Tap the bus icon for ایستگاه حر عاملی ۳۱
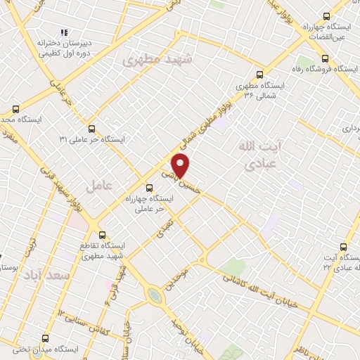tap(92, 129)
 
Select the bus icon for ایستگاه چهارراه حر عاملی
tap(148, 188)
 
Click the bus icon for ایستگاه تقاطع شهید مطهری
tap(102, 235)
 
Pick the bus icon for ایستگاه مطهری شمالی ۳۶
tap(260, 74)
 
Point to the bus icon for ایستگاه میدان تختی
tap(46, 337)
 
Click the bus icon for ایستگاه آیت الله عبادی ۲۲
tap(344, 247)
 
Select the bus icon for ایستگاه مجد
tap(15, 109)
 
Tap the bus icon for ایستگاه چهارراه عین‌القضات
tap(326, 15)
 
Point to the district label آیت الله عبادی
tap(255, 155)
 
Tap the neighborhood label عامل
tap(99, 187)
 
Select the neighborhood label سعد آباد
tap(46, 274)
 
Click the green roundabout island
tap(153, 295)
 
